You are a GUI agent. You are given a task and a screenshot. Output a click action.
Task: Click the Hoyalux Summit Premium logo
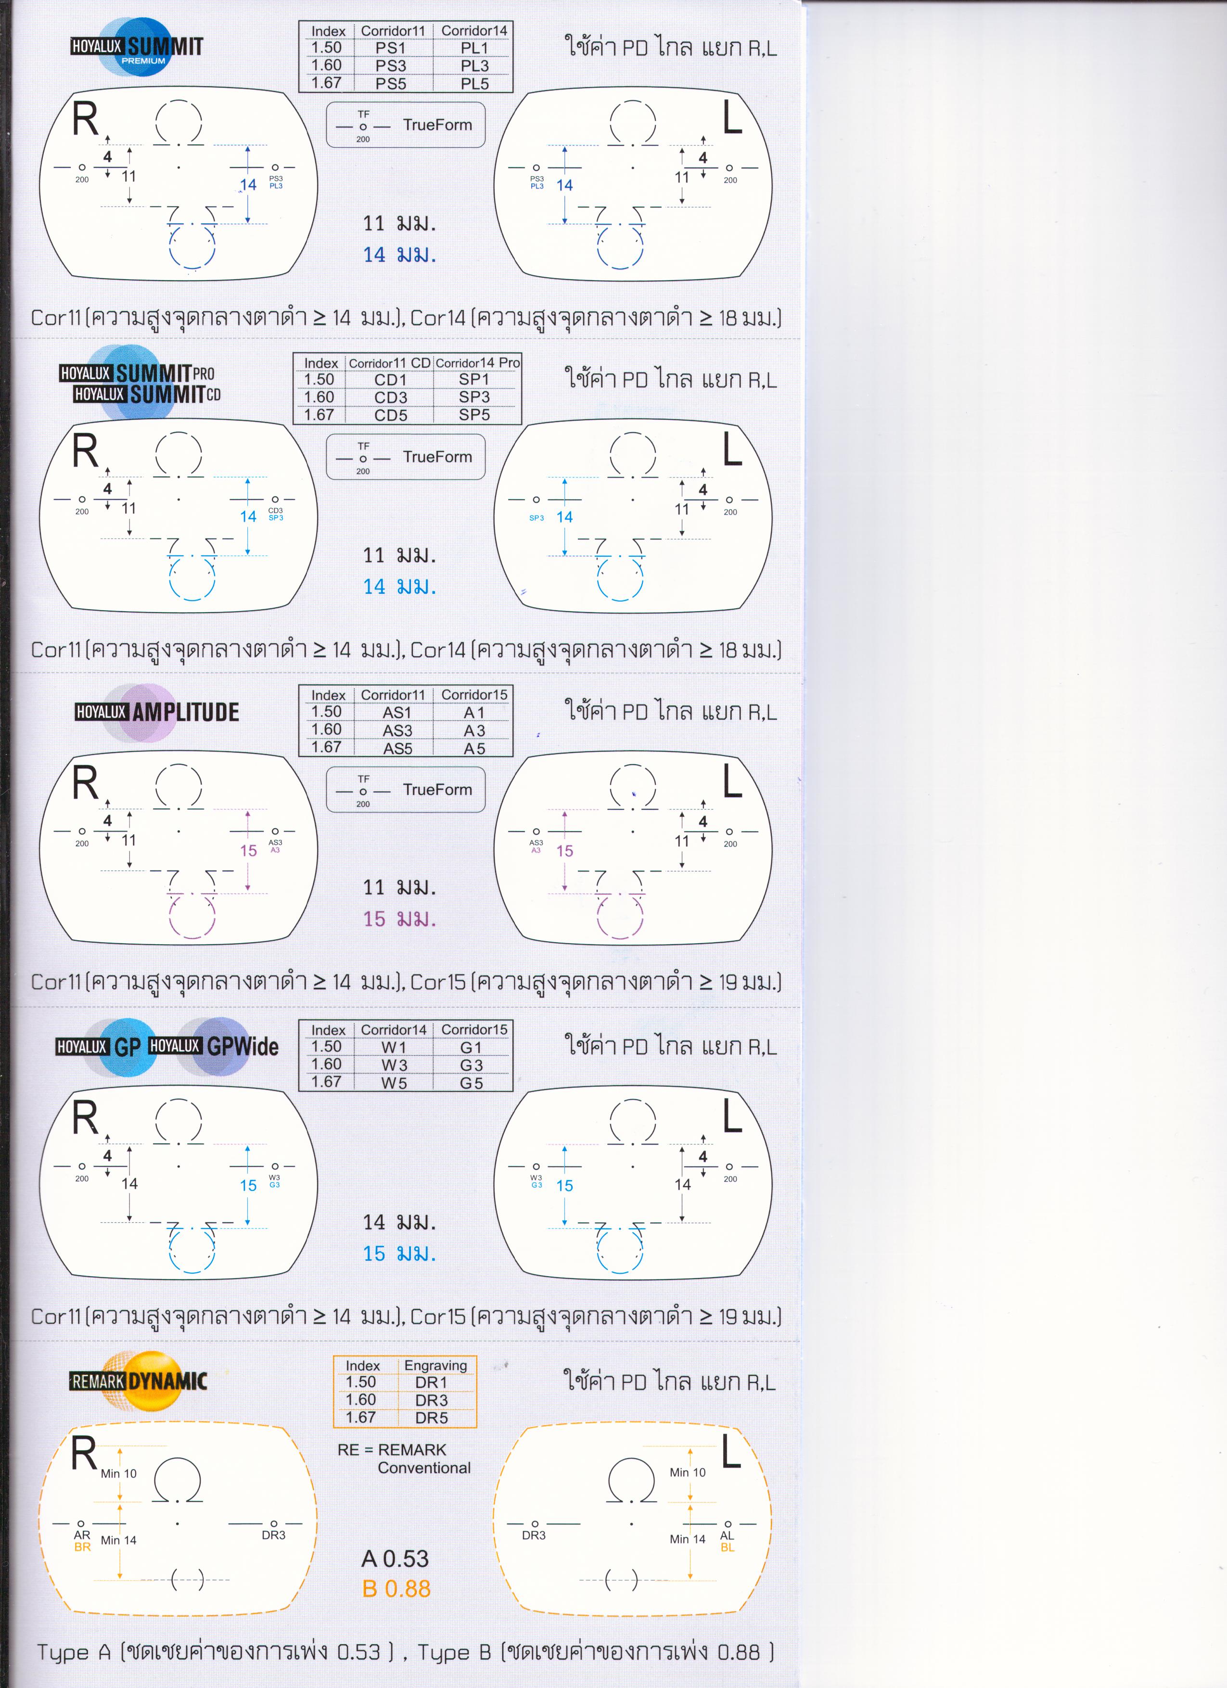click(x=138, y=47)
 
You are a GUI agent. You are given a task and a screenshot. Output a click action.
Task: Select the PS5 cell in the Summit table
click(x=391, y=83)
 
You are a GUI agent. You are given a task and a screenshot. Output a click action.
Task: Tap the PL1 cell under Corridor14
click(x=474, y=48)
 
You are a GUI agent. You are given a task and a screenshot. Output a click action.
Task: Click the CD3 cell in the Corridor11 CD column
click(x=391, y=397)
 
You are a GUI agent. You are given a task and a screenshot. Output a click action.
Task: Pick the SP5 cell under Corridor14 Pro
click(x=474, y=415)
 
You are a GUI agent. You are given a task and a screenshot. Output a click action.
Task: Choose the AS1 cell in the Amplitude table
click(x=397, y=712)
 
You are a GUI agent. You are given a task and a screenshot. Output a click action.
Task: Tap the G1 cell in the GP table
click(x=472, y=1047)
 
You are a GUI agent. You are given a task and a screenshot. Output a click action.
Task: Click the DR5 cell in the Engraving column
click(x=432, y=1418)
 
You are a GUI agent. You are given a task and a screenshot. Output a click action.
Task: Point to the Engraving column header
click(x=435, y=1366)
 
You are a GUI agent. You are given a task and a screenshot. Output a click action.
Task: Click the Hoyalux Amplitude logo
click(x=157, y=712)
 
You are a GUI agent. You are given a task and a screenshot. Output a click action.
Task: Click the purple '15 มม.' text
click(x=399, y=919)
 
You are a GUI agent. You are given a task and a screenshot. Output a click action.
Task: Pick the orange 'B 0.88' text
click(x=396, y=1589)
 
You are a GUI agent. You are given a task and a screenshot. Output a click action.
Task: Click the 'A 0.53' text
click(x=395, y=1559)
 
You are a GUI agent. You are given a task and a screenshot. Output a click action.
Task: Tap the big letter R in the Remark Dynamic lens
click(x=84, y=1454)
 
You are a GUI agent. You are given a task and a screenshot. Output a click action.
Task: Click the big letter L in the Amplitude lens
click(x=732, y=782)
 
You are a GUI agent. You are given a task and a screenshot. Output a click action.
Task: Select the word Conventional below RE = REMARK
click(x=424, y=1468)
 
